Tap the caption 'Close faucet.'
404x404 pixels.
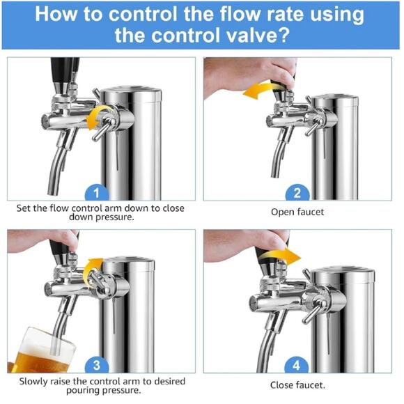(x=297, y=384)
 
